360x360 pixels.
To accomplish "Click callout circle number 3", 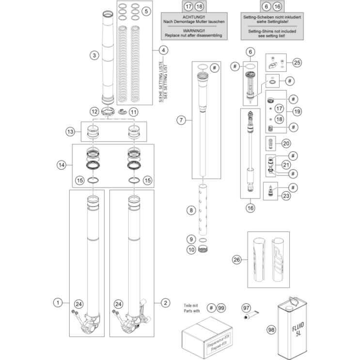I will tap(94, 55).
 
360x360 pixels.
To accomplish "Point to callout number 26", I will tap(236, 260).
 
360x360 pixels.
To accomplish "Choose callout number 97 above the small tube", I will tap(246, 308).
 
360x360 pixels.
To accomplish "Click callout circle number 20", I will tap(286, 143).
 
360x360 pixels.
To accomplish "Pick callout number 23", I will tap(286, 196).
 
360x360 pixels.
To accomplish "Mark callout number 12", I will tap(94, 111).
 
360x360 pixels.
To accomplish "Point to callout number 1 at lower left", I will tap(58, 303).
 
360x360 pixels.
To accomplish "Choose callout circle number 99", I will tap(221, 308).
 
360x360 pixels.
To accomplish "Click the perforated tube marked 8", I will tap(204, 209).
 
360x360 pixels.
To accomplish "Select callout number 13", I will tap(71, 131).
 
